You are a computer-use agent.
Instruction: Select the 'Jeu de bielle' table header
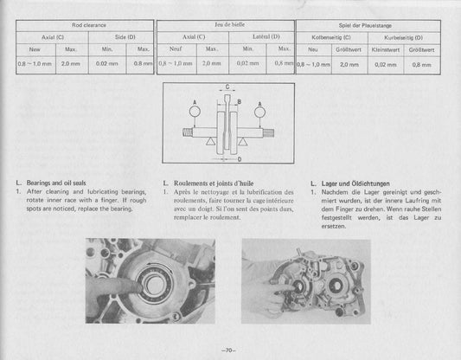(224, 27)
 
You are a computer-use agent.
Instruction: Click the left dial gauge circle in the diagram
(195, 109)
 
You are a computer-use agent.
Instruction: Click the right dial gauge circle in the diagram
(259, 110)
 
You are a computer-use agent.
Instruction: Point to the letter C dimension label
(227, 87)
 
